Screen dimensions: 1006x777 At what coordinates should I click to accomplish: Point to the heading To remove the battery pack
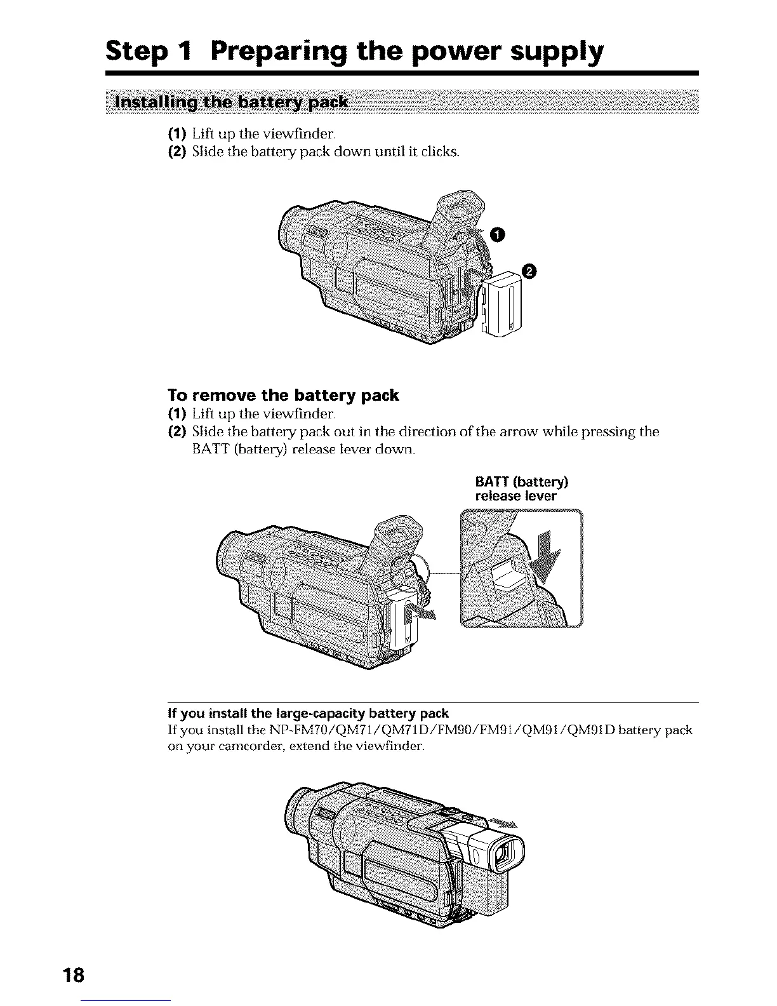pyautogui.click(x=283, y=396)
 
